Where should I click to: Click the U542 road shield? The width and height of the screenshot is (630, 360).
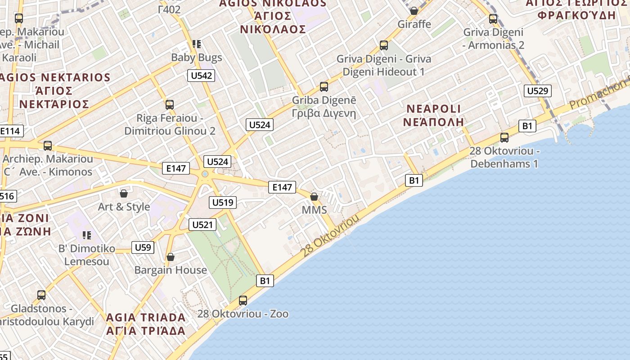pos(201,76)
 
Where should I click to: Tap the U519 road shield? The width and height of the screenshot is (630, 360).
pos(223,202)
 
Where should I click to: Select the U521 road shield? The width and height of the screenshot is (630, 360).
pos(203,225)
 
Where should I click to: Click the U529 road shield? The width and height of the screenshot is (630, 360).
pos(537,91)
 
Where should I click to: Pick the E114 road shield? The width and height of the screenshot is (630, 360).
pos(10,131)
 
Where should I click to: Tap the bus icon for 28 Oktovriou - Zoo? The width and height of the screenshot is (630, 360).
pos(243,300)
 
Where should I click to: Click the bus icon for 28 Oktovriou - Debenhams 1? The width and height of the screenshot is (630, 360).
pos(504,138)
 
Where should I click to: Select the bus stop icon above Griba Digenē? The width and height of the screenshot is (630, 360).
pos(324,87)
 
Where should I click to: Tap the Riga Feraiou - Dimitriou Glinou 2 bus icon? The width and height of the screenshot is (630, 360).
pos(170,105)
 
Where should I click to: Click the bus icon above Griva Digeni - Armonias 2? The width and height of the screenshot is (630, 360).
pos(493,19)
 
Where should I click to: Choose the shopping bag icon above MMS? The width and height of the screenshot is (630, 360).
pos(314,197)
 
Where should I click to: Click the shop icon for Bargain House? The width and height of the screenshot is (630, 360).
pos(171,257)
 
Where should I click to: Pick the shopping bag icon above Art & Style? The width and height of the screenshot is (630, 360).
pos(124,193)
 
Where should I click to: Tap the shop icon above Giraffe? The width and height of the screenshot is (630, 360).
pos(414,11)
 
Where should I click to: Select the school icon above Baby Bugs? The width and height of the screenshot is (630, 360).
pos(196,44)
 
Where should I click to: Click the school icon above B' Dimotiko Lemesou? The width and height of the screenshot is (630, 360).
pos(87,235)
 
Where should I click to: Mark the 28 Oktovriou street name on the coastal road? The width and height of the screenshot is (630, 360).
pos(331,235)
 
